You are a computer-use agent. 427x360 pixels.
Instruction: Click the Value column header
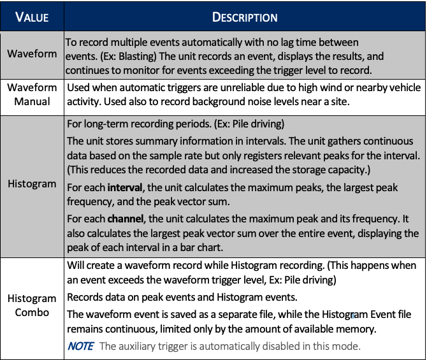tap(32, 17)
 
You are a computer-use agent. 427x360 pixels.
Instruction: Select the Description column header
tap(245, 17)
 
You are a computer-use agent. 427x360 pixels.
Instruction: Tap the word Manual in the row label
tap(32, 101)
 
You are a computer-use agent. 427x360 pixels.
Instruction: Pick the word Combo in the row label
tap(32, 312)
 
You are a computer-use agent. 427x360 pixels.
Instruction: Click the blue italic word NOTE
tap(80, 346)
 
